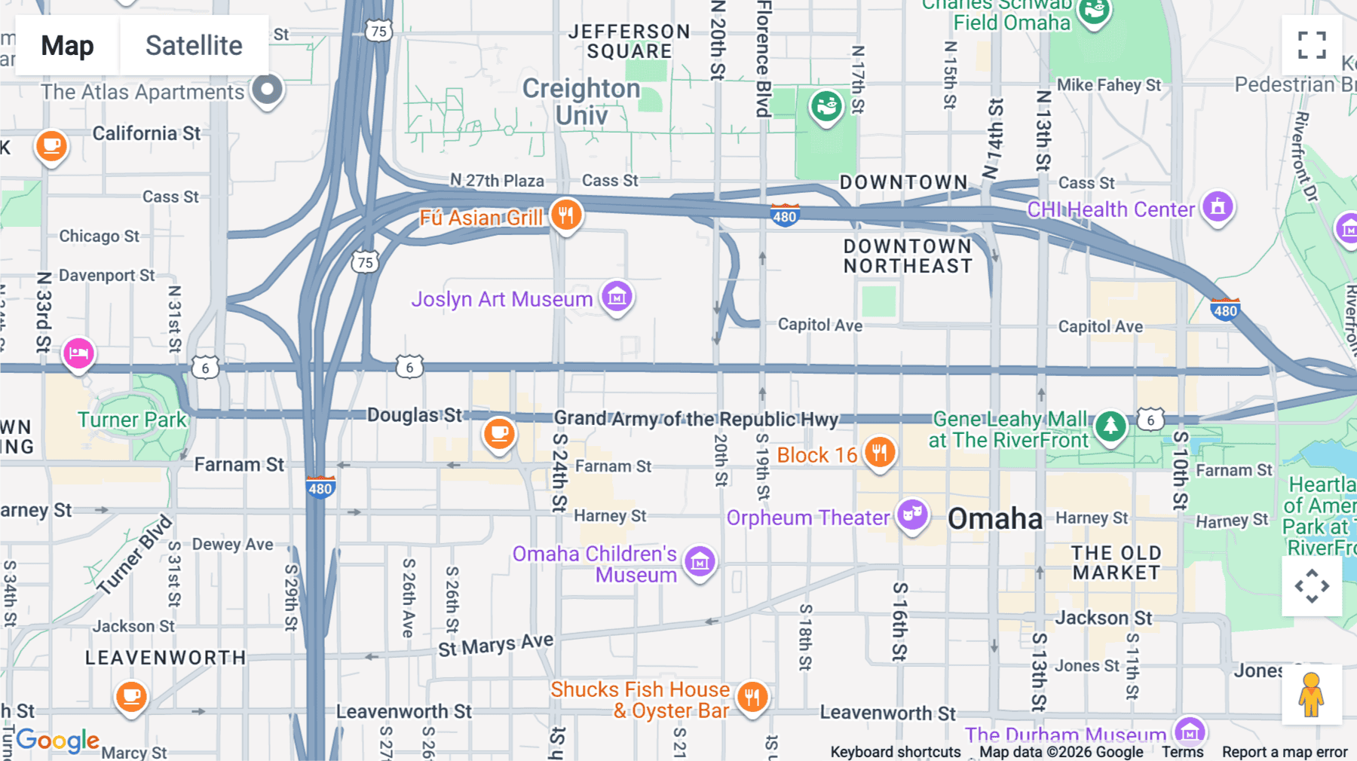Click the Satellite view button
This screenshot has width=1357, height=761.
pyautogui.click(x=194, y=45)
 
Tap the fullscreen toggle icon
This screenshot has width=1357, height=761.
pyautogui.click(x=1312, y=45)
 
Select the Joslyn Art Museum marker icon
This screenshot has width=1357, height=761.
pyautogui.click(x=617, y=297)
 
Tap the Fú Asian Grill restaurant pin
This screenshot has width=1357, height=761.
pyautogui.click(x=565, y=215)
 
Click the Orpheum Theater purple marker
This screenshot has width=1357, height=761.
pyautogui.click(x=912, y=515)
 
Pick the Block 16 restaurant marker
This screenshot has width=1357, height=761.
pyautogui.click(x=879, y=453)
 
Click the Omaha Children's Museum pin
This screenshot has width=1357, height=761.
pyautogui.click(x=700, y=561)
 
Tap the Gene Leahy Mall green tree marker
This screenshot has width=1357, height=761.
pyautogui.click(x=1110, y=426)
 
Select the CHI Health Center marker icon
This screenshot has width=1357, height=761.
pyautogui.click(x=1218, y=206)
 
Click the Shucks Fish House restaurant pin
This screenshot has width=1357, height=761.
pyautogui.click(x=752, y=698)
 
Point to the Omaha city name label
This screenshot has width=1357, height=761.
pyautogui.click(x=994, y=518)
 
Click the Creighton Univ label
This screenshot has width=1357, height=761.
pyautogui.click(x=581, y=102)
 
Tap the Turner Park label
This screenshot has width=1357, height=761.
pyautogui.click(x=132, y=420)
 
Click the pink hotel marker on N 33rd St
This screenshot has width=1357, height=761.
pyautogui.click(x=78, y=353)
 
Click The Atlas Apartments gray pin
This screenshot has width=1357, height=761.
pyautogui.click(x=267, y=90)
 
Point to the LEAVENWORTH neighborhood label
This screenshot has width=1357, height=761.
pyautogui.click(x=165, y=658)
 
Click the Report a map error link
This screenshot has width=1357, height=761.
pyautogui.click(x=1284, y=752)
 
